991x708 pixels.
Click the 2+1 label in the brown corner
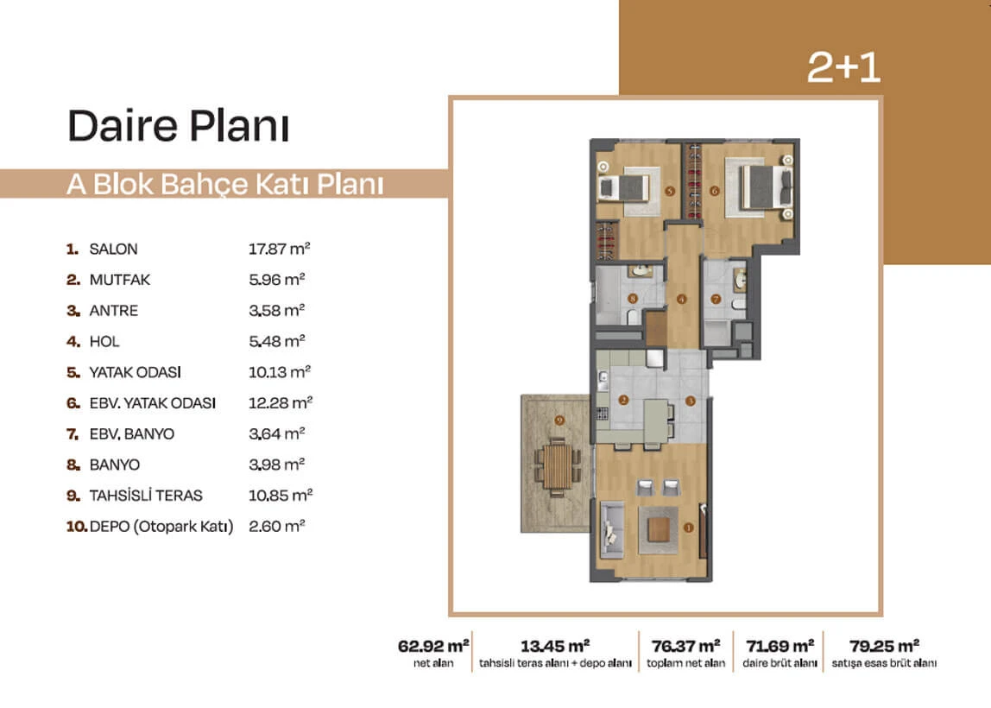[x=843, y=67]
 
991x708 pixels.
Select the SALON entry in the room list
[x=113, y=249]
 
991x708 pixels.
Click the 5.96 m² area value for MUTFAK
[x=277, y=280]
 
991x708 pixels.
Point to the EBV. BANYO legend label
[x=131, y=434]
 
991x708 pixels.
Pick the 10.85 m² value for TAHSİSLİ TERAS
[x=281, y=496]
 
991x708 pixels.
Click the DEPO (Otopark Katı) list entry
[x=161, y=527]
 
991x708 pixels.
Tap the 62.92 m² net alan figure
[x=433, y=646]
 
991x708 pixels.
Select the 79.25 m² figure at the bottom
[x=884, y=646]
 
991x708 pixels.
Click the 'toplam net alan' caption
[x=685, y=663]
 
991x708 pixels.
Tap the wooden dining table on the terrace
[x=557, y=466]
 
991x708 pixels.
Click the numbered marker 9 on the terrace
[x=559, y=420]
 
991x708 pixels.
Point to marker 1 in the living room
[x=688, y=528]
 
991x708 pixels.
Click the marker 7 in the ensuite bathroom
[x=716, y=299]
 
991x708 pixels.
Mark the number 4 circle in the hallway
[x=681, y=299]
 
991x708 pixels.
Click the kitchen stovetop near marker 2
[x=603, y=414]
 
